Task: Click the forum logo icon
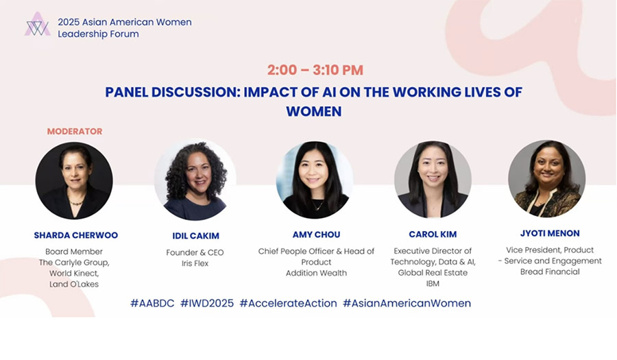coord(38,25)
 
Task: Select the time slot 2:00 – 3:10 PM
coord(315,70)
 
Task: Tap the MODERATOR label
coord(75,132)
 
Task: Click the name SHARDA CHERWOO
coord(76,235)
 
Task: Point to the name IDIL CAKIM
coord(195,236)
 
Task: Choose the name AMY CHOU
coord(316,235)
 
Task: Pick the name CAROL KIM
coord(433,235)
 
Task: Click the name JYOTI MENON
coord(550,233)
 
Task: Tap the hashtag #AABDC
coord(152,303)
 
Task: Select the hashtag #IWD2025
coord(207,303)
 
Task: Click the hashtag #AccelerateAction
coord(289,303)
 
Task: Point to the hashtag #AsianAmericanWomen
coord(407,303)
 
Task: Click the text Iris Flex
coord(195,263)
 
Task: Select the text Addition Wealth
coord(316,273)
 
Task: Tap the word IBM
coord(433,284)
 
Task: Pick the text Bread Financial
coord(550,272)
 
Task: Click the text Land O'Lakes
coord(74,284)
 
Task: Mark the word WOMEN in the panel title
coord(314,111)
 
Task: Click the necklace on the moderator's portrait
coord(76,202)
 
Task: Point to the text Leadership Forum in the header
coord(98,34)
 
